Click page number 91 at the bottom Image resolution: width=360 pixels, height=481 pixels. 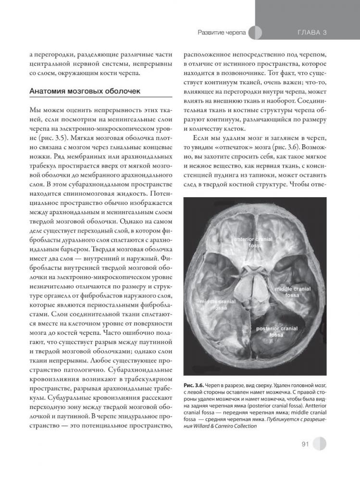304,444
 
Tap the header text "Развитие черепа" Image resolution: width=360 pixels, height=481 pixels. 222,33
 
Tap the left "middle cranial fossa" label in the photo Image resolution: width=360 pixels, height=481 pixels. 216,304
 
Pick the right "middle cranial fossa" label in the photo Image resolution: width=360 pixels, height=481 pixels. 292,291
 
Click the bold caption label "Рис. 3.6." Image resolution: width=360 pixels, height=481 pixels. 194,385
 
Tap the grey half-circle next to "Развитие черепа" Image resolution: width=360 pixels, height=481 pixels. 257,33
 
